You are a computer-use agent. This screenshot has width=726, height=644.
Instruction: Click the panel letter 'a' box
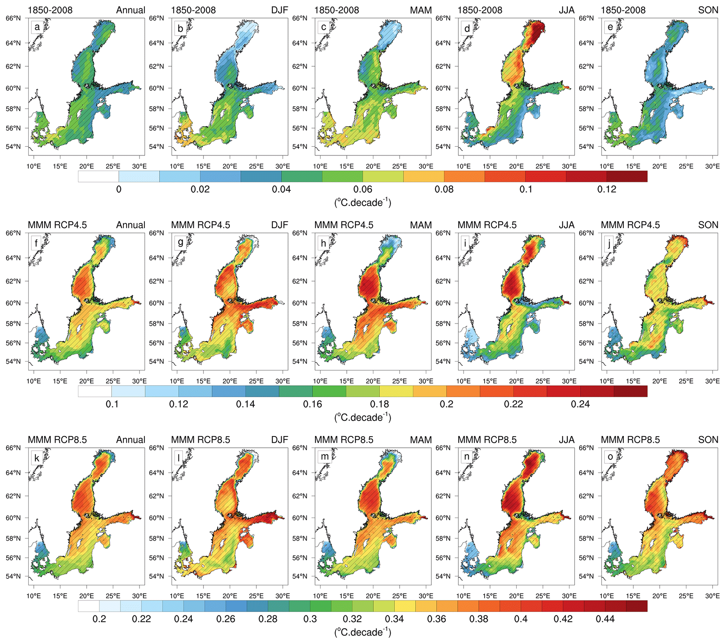point(37,27)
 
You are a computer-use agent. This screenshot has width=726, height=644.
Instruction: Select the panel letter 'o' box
point(610,457)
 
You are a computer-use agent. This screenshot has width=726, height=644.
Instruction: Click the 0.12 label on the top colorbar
point(607,189)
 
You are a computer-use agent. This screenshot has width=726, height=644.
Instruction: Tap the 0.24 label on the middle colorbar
point(580,404)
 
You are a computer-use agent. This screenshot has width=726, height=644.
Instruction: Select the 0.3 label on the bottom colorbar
point(310,619)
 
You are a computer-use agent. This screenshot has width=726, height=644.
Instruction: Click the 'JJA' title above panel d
point(566,10)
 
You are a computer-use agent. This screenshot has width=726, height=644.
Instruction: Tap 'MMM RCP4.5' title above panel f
point(57,225)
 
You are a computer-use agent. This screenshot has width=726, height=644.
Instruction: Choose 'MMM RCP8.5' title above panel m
point(344,440)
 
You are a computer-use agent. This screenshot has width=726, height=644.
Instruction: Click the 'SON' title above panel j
point(708,225)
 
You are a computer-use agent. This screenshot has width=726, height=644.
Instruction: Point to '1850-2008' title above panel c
point(336,10)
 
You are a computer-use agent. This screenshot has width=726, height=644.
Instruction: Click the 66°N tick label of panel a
point(13,18)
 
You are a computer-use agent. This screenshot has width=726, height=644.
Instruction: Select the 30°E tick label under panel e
point(712,166)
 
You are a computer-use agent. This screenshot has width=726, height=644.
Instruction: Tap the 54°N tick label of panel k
point(13,576)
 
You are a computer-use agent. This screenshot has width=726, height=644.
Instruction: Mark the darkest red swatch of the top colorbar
point(627,176)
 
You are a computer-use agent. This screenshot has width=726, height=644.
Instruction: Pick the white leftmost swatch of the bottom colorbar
point(89,606)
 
